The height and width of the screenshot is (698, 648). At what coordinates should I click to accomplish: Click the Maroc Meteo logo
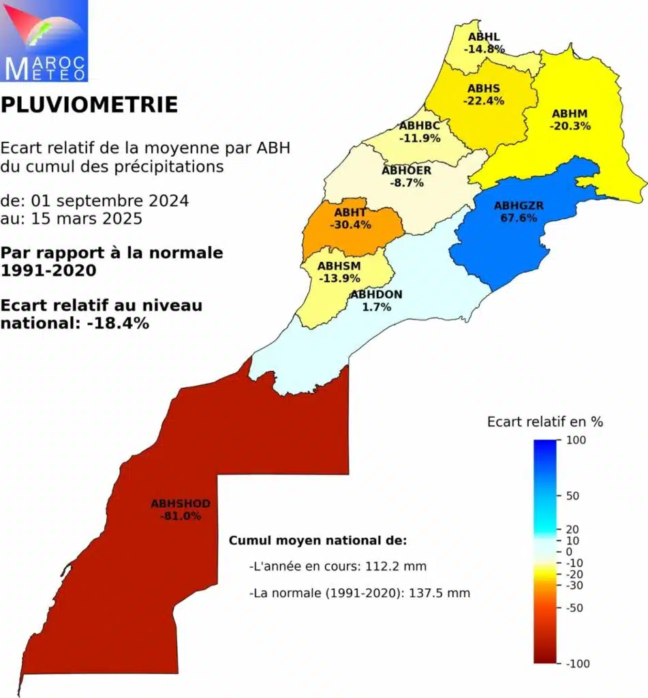[x=44, y=41]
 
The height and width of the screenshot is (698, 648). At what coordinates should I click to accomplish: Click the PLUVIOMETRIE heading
[x=89, y=105]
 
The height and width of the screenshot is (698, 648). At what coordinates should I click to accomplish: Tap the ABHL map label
[x=484, y=37]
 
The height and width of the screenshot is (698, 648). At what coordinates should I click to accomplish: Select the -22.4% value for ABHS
[x=484, y=101]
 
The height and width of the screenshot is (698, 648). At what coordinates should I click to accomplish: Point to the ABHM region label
[x=570, y=113]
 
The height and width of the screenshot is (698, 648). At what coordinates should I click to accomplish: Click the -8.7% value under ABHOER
[x=407, y=183]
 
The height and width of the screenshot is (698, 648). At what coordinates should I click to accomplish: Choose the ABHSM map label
[x=339, y=265]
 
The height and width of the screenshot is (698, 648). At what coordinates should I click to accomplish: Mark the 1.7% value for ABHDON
[x=376, y=307]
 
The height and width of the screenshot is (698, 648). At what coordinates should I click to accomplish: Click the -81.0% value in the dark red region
[x=181, y=516]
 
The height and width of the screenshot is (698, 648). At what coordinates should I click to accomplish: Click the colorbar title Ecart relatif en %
[x=544, y=422]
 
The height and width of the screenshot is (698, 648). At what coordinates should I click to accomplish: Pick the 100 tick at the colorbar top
[x=572, y=441]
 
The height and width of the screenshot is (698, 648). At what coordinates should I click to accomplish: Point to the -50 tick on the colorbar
[x=574, y=608]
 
